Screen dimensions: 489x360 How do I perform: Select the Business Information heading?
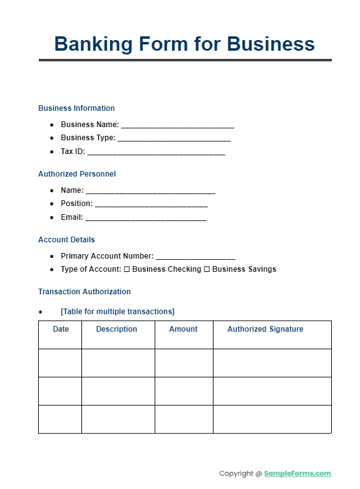tap(76, 108)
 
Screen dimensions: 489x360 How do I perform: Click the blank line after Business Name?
tap(178, 125)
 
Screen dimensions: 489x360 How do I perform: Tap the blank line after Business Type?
tap(174, 138)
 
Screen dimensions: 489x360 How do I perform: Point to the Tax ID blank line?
tap(156, 152)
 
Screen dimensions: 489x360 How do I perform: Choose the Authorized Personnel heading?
tap(77, 174)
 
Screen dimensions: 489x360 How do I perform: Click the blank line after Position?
tap(151, 204)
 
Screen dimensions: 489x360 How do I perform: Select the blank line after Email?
tap(145, 218)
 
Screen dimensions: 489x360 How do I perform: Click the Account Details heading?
tap(66, 240)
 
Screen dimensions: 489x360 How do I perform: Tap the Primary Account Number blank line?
tap(195, 257)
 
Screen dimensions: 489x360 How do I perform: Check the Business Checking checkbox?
tap(127, 269)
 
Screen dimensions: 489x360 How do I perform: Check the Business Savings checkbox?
tap(207, 269)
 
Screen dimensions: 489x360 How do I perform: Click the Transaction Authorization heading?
tap(85, 292)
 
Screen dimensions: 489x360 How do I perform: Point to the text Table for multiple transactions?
tap(118, 312)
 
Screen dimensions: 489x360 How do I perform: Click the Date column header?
tap(61, 329)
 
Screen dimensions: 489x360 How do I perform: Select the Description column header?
tap(116, 329)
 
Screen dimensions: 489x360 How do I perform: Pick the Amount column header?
tap(183, 329)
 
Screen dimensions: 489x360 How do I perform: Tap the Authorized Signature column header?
tap(265, 329)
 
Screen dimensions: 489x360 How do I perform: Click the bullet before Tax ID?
tap(52, 152)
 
